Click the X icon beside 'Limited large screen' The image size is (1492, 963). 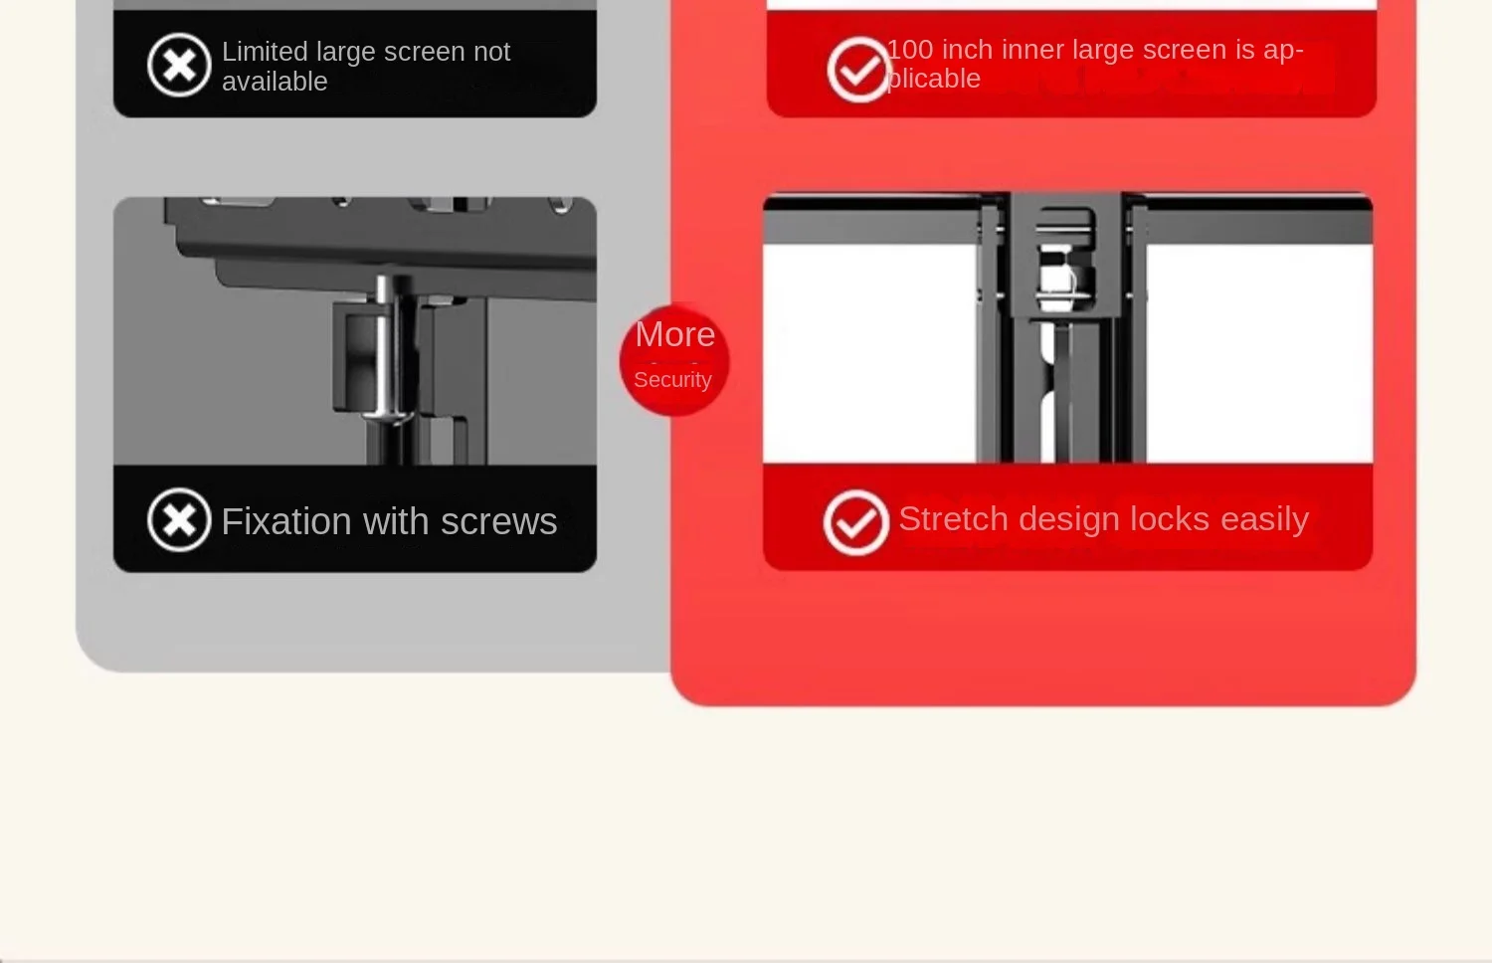tap(179, 65)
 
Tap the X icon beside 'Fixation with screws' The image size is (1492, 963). tap(179, 520)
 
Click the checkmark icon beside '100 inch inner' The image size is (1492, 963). tap(858, 70)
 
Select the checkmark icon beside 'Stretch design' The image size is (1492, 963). tap(855, 523)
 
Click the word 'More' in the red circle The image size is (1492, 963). tap(674, 334)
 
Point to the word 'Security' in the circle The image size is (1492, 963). tap(672, 380)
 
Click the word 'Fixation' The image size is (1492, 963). tap(286, 520)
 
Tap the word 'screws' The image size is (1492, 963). tap(499, 521)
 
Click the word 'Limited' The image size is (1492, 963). tap(265, 52)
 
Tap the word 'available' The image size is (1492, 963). tap(275, 82)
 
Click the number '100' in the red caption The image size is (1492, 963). tap(910, 50)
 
